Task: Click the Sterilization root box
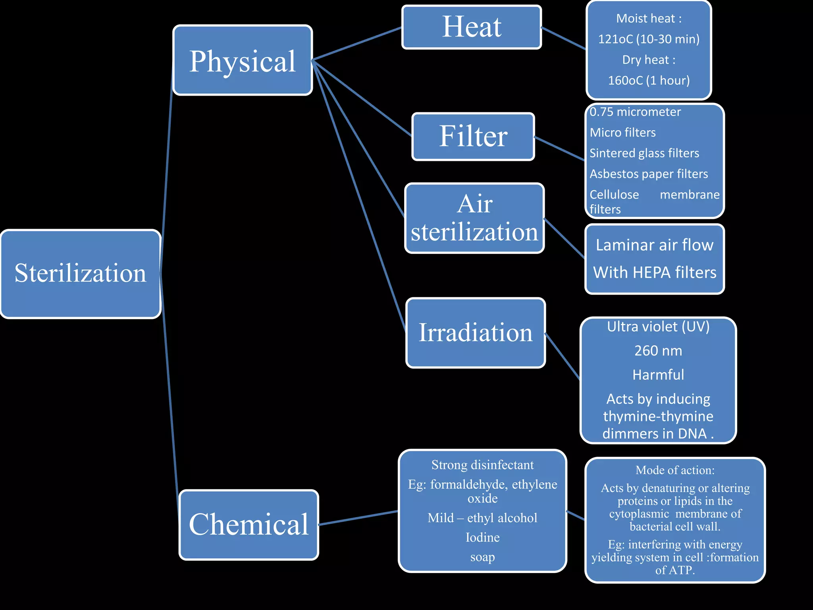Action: click(81, 274)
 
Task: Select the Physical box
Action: click(243, 60)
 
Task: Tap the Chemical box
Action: click(249, 525)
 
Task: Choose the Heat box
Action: click(472, 27)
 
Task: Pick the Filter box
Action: click(473, 136)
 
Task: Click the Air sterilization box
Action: click(474, 218)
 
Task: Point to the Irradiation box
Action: click(476, 333)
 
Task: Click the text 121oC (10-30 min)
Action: click(649, 39)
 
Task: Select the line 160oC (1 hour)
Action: click(649, 81)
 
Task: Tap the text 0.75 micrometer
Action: click(635, 112)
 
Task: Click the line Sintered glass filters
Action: click(644, 153)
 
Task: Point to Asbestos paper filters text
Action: click(649, 174)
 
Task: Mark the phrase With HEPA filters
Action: click(655, 272)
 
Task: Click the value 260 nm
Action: click(658, 351)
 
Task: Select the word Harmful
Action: click(658, 375)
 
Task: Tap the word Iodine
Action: click(482, 537)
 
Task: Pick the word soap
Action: click(482, 557)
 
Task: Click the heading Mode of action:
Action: click(675, 470)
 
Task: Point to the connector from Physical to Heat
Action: click(357, 44)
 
